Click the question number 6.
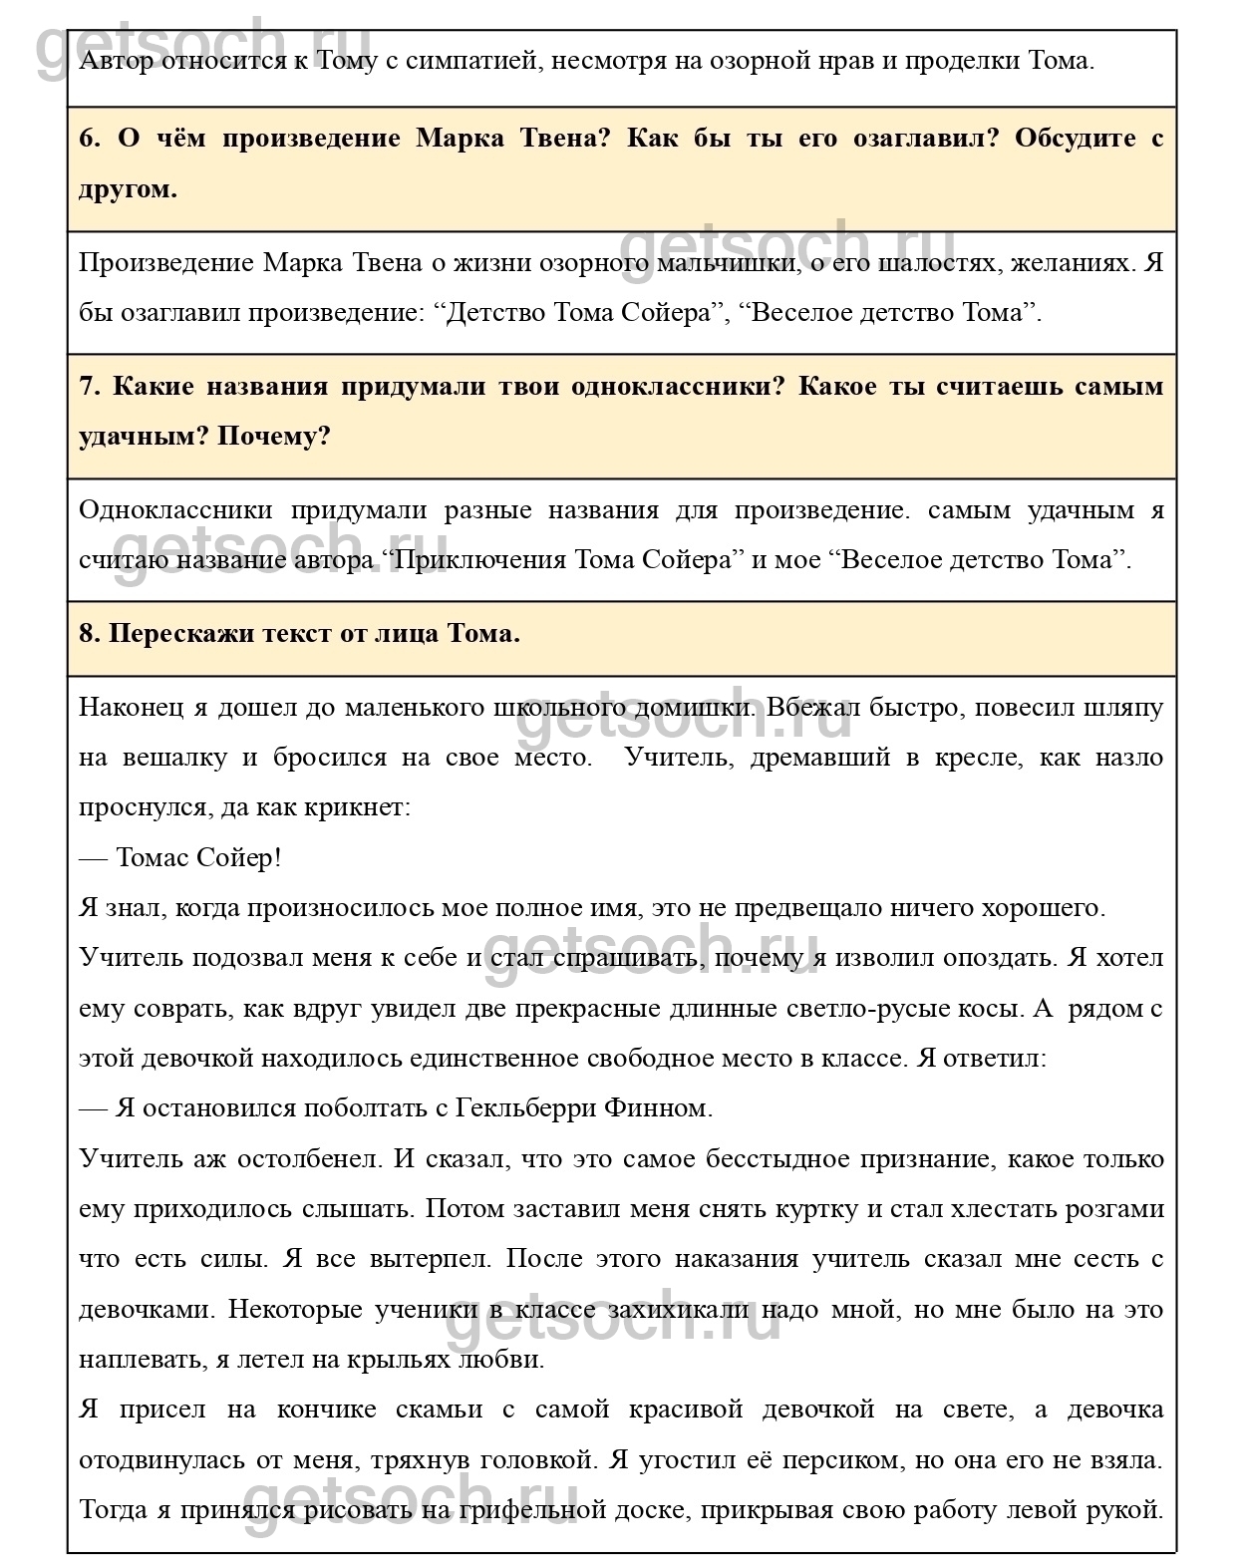coord(90,139)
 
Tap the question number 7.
coord(90,387)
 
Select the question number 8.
coord(90,634)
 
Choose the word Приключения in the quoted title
coord(479,559)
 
